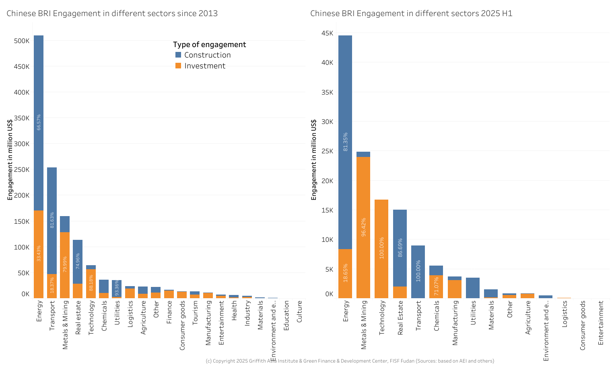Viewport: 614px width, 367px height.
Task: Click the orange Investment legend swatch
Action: pos(178,66)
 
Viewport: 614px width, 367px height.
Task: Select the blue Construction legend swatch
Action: pos(178,55)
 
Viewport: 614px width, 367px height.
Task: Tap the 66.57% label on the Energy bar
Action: pos(39,122)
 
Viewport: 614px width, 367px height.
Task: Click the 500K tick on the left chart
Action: pos(22,41)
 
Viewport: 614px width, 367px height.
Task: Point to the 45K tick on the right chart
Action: pos(327,33)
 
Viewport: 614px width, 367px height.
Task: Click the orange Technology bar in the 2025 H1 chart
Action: pos(381,249)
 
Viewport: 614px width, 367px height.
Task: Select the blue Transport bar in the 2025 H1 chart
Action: pos(418,272)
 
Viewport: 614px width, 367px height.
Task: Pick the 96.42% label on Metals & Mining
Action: pos(363,227)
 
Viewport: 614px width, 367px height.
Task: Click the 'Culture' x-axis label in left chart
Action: pos(299,312)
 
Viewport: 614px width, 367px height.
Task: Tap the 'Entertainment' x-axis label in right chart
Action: pos(601,323)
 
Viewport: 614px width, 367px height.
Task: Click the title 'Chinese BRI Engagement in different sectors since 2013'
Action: pos(112,13)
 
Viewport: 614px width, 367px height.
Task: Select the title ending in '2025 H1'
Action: pos(411,13)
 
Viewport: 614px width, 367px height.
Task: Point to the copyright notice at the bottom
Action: pos(350,361)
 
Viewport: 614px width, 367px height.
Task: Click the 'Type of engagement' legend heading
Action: pos(209,45)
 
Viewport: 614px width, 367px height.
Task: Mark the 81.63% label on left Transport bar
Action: pos(52,220)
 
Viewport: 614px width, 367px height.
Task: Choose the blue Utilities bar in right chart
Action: pos(473,288)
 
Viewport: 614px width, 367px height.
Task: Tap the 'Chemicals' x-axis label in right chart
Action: pos(437,316)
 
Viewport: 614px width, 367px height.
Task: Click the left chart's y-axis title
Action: pos(10,160)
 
